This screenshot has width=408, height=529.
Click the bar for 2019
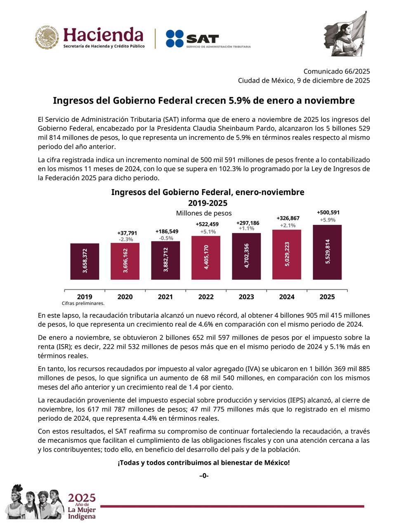point(85,261)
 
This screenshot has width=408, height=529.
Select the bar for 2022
point(206,257)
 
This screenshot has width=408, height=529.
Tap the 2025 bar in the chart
point(327,252)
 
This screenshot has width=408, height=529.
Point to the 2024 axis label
point(287,297)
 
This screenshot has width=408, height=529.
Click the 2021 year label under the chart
point(165,297)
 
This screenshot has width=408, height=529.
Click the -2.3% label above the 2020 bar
point(126,239)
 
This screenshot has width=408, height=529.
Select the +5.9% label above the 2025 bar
point(328,220)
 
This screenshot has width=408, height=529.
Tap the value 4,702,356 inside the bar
point(246,256)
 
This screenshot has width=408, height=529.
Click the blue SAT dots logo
point(175,38)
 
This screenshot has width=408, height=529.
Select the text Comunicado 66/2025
point(337,71)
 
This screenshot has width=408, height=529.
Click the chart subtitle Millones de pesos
point(204,213)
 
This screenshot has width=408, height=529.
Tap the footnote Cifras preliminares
point(83,303)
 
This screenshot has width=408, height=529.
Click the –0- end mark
point(204,476)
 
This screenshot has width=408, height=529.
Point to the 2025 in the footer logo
point(82,498)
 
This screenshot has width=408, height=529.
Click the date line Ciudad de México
point(304,81)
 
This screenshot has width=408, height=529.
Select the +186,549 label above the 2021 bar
point(167,231)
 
